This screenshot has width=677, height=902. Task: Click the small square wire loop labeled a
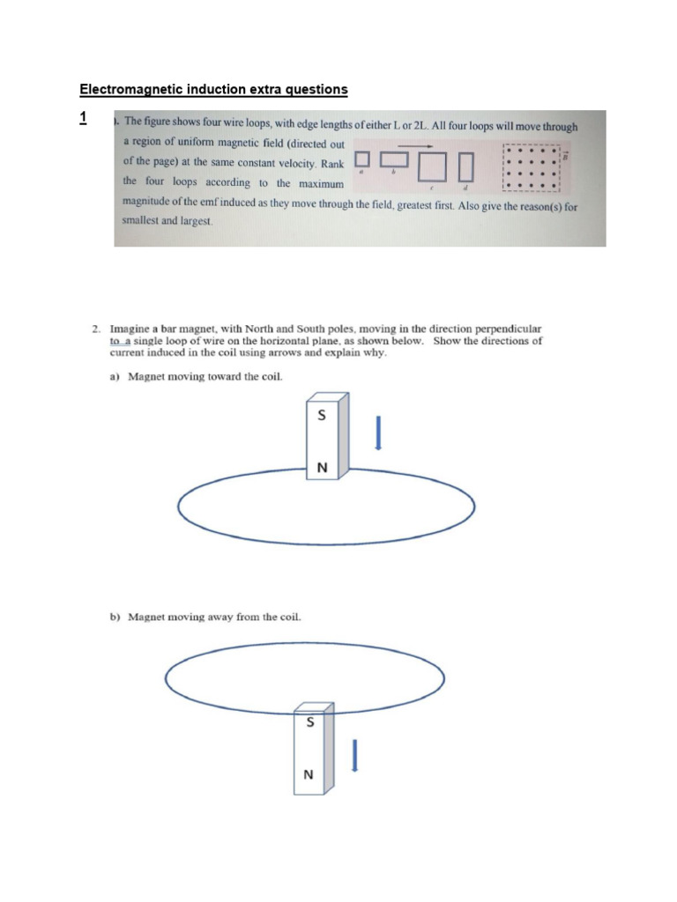(x=361, y=159)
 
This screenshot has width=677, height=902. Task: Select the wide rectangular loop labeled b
(x=394, y=159)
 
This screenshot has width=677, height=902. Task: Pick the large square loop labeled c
(x=433, y=166)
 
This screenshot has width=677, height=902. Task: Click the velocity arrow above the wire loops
(x=414, y=145)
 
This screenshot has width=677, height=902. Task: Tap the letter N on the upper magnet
(x=322, y=469)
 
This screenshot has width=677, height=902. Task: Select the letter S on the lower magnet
(x=309, y=721)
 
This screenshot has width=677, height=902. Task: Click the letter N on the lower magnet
(x=308, y=775)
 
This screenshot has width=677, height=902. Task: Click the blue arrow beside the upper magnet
(x=377, y=433)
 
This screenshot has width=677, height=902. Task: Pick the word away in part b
(x=216, y=617)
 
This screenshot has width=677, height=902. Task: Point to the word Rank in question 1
(x=331, y=164)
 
